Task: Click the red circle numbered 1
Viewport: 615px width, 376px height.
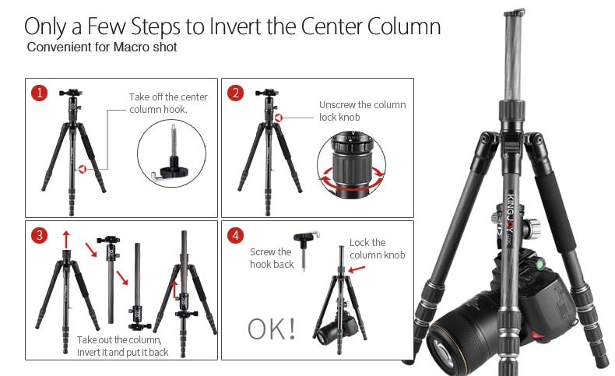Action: (39, 93)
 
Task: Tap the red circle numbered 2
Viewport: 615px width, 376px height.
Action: (235, 93)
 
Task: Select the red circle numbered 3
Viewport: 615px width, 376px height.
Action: (39, 236)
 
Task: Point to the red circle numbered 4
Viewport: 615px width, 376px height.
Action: (235, 236)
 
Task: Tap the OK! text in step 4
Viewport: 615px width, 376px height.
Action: (272, 329)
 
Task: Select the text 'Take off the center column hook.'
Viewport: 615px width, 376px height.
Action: (168, 103)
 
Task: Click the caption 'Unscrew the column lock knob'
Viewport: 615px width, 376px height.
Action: (363, 111)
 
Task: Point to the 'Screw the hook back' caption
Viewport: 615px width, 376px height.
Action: (272, 258)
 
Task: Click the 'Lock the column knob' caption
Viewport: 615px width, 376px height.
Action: (378, 248)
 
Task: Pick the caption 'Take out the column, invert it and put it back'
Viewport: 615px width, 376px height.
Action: (123, 346)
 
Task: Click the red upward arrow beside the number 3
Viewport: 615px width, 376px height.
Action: (66, 239)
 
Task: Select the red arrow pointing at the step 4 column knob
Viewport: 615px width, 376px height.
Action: (357, 269)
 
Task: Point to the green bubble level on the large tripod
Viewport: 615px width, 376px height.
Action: (540, 264)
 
